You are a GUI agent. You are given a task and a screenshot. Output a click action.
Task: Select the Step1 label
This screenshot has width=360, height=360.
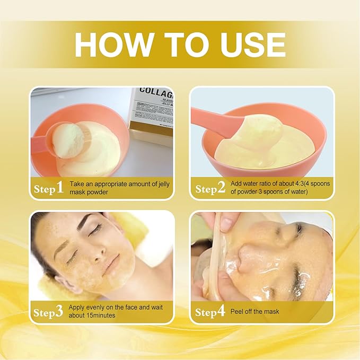49,188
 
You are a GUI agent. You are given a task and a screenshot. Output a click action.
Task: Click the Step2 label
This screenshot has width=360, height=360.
210,188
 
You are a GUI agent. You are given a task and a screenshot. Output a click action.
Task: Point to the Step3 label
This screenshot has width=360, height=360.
49,311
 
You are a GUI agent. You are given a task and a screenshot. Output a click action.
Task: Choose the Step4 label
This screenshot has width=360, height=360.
210,312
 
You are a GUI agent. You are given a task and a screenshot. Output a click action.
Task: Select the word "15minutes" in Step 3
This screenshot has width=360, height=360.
100,315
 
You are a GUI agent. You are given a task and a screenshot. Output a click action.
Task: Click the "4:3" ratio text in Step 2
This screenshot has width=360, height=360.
286,183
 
